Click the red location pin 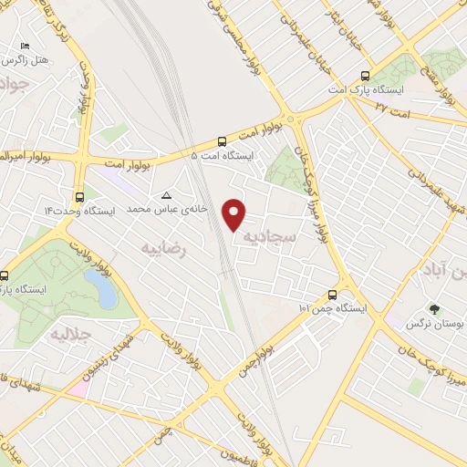[x=235, y=214]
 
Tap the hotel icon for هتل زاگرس [x=25, y=46]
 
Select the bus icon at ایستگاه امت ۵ [x=223, y=141]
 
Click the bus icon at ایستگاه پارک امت [x=366, y=77]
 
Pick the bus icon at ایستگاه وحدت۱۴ [x=79, y=196]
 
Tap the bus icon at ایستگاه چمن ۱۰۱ [x=332, y=295]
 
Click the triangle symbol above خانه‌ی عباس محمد [x=166, y=195]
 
